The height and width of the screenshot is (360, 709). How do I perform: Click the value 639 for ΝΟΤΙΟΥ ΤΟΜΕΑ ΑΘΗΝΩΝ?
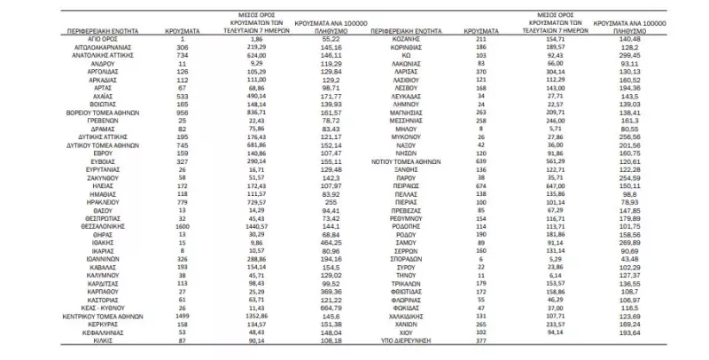coord(482,163)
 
